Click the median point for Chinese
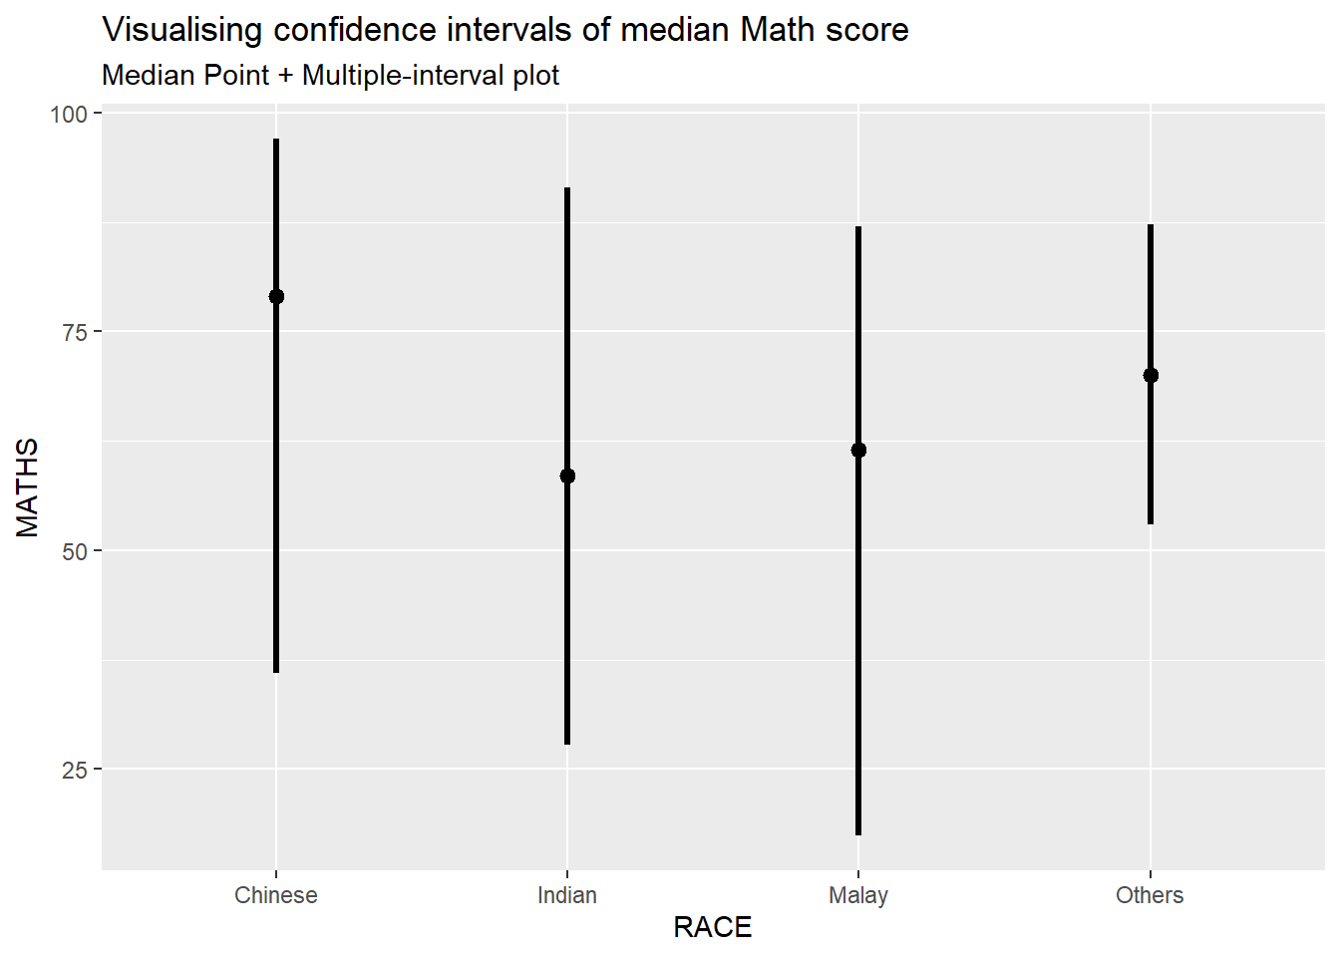point(276,296)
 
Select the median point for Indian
point(567,476)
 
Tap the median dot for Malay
point(858,450)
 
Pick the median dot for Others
point(1151,375)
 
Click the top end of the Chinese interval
point(276,141)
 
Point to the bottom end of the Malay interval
point(858,833)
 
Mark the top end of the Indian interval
point(567,189)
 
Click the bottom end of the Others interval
point(1151,522)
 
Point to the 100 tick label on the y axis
point(69,114)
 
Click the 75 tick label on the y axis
point(75,332)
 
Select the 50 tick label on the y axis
point(75,551)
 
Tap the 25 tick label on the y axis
point(75,770)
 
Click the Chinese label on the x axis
point(276,895)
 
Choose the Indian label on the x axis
point(567,895)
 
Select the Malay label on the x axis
point(858,895)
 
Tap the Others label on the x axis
point(1150,895)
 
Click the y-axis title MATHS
point(28,487)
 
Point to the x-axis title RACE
point(713,927)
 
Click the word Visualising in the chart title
point(183,30)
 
